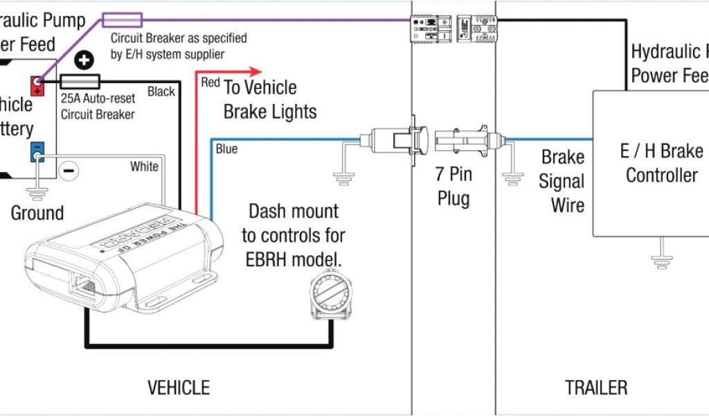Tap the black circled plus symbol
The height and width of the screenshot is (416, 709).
click(84, 60)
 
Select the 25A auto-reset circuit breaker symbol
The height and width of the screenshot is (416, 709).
click(80, 81)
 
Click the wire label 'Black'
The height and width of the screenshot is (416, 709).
click(161, 92)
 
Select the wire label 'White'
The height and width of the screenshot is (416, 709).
click(144, 166)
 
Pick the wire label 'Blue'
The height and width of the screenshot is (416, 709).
click(226, 149)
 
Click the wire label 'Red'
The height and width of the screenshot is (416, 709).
click(210, 83)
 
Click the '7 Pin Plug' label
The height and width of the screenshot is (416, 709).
click(454, 185)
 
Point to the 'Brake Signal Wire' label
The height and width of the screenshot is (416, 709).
click(562, 181)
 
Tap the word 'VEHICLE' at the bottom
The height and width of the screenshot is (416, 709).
click(179, 387)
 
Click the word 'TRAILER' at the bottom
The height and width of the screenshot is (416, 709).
click(595, 387)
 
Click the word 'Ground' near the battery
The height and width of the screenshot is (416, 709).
click(37, 213)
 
